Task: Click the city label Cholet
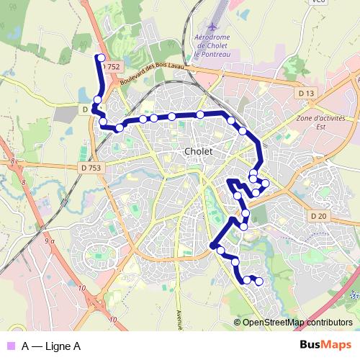coord(198,152)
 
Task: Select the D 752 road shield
coord(111,66)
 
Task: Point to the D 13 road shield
coord(306,94)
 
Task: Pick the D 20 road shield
coord(319,216)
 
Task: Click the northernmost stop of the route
coord(102,58)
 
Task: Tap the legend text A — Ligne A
coord(50,346)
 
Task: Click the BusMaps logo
coord(326,346)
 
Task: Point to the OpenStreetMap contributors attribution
coord(297,323)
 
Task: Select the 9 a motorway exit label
coord(49,242)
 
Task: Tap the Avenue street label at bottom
coord(179,317)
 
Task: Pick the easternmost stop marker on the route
coord(266,183)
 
